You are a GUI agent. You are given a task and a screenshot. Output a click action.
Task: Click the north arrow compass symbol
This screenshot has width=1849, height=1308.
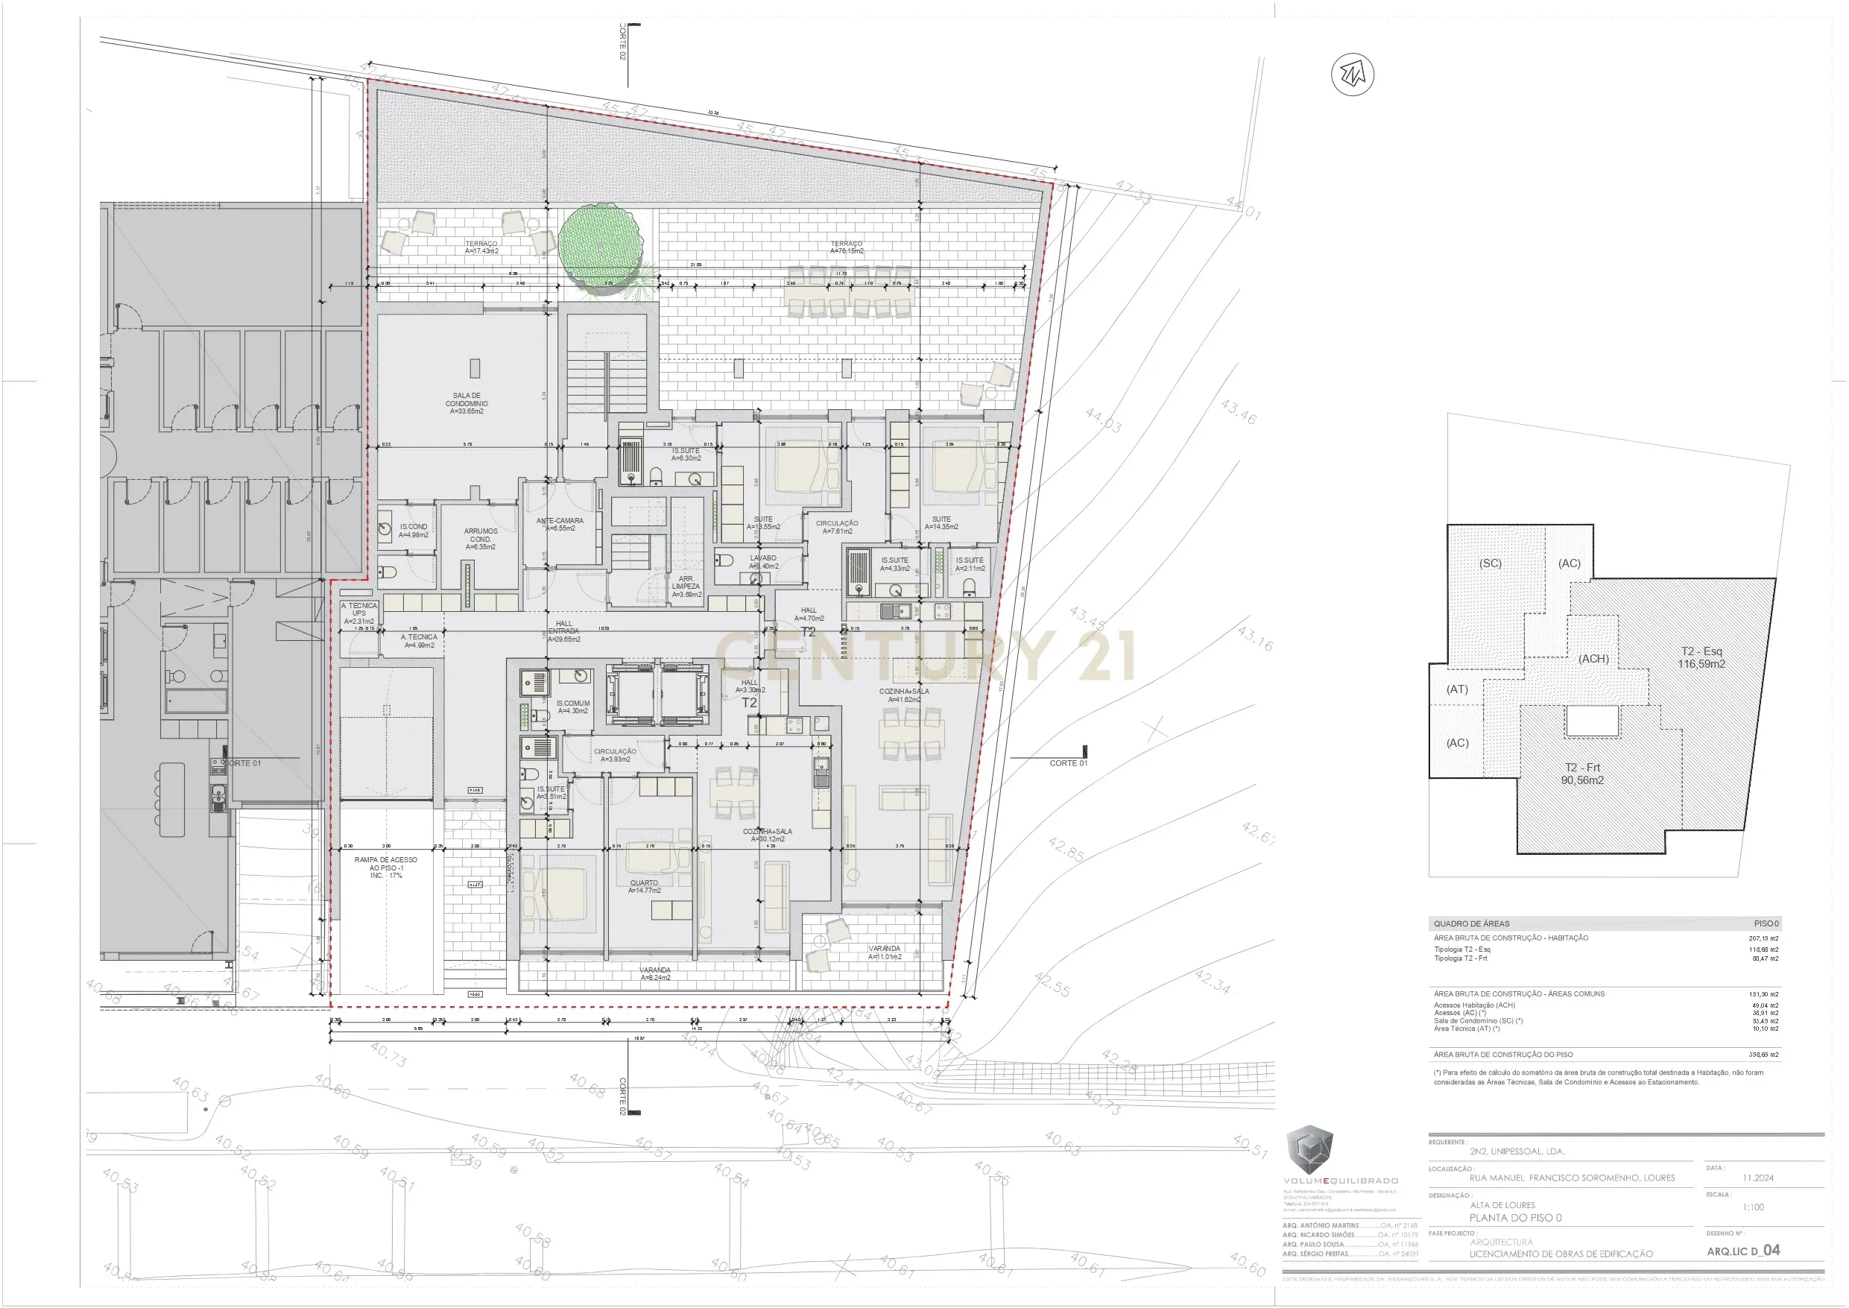pyautogui.click(x=1352, y=75)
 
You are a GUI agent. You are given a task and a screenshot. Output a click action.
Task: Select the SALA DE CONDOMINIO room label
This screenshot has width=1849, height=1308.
pyautogui.click(x=467, y=403)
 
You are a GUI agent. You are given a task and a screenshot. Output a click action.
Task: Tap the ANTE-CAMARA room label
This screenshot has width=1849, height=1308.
pyautogui.click(x=560, y=525)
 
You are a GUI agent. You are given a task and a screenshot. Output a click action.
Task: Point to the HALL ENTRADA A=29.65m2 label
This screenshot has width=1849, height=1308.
pyautogui.click(x=563, y=631)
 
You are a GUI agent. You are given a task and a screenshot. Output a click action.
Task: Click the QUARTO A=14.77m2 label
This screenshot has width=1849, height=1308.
pyautogui.click(x=644, y=886)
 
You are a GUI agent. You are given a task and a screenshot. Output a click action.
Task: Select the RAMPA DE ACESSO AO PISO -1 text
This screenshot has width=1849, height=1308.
pyautogui.click(x=386, y=868)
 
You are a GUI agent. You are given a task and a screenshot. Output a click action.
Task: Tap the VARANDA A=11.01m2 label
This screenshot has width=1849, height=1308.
pyautogui.click(x=884, y=952)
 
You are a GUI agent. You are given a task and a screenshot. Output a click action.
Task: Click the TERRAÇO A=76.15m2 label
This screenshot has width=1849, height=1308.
pyautogui.click(x=847, y=247)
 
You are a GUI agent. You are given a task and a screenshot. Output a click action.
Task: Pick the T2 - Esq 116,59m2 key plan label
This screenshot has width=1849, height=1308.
pyautogui.click(x=1701, y=657)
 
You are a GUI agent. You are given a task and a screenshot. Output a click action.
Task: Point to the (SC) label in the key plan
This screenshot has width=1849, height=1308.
pyautogui.click(x=1490, y=563)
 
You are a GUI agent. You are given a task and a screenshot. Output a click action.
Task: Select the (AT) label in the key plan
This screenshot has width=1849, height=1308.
pyautogui.click(x=1457, y=689)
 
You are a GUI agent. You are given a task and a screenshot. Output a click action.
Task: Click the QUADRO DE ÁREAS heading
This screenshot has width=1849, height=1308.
pyautogui.click(x=1471, y=924)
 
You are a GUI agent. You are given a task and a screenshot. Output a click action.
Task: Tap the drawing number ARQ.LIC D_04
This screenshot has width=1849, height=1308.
pyautogui.click(x=1742, y=1250)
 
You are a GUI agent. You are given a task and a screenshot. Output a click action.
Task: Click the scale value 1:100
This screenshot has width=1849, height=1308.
pyautogui.click(x=1752, y=1207)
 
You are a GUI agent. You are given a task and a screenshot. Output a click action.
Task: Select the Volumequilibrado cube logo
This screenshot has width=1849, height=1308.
pyautogui.click(x=1309, y=1149)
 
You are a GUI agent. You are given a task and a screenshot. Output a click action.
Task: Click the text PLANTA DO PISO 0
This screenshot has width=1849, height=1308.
pyautogui.click(x=1515, y=1218)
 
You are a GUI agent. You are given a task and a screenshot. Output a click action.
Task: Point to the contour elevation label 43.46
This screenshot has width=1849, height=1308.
pyautogui.click(x=1238, y=411)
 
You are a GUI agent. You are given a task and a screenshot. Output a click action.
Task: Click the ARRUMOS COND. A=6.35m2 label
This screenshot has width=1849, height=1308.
pyautogui.click(x=481, y=539)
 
